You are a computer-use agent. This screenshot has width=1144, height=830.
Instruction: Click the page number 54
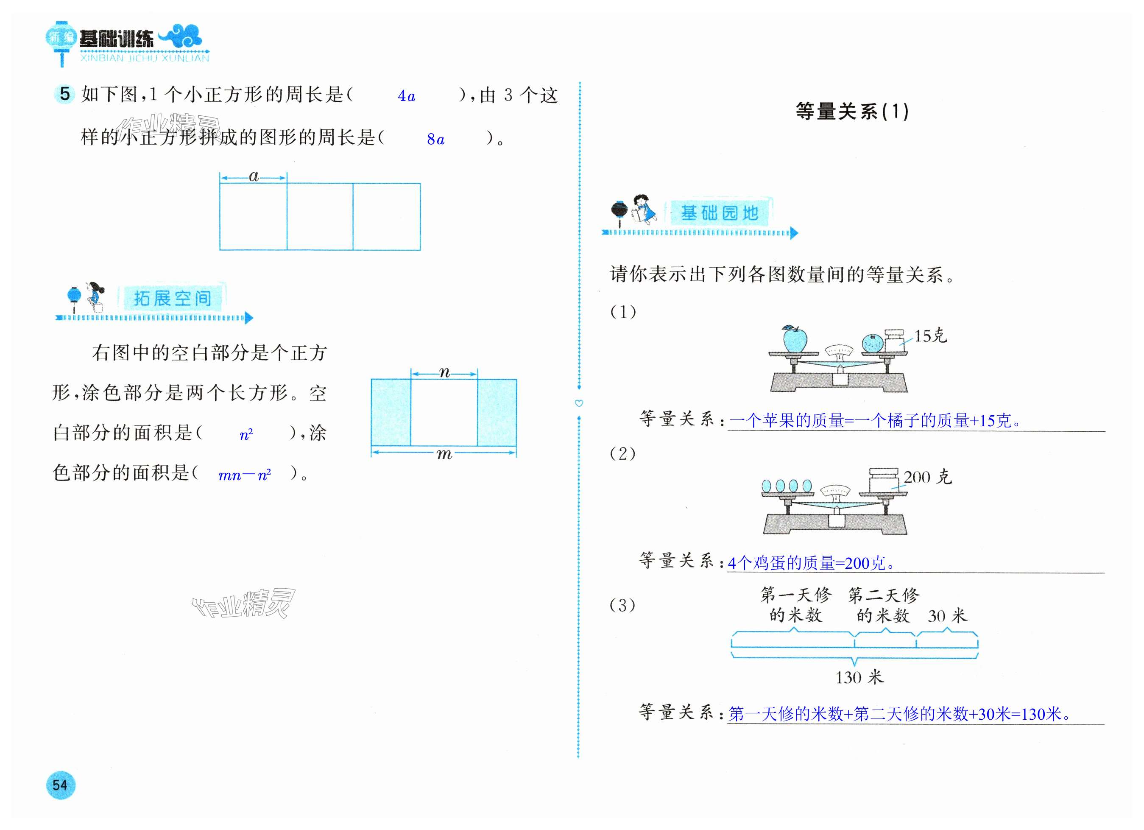click(x=60, y=785)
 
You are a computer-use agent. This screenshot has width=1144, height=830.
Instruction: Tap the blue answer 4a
click(x=406, y=96)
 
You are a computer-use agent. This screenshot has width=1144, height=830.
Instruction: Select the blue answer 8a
click(x=435, y=139)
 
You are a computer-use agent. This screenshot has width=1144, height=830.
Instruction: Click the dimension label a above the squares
click(x=254, y=176)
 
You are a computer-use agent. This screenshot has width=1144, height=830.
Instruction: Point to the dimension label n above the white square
click(x=444, y=372)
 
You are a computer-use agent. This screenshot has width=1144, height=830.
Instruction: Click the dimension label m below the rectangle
click(x=444, y=454)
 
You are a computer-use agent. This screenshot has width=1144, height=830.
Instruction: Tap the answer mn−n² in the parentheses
click(x=245, y=475)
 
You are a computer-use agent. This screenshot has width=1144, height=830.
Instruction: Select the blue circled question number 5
click(x=64, y=94)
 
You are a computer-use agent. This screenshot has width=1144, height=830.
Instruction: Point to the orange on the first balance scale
click(x=872, y=343)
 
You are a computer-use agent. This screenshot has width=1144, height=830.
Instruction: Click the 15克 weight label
click(x=931, y=335)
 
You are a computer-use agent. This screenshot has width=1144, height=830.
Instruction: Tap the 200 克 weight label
click(x=927, y=477)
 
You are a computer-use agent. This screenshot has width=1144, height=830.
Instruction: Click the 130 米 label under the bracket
click(x=859, y=676)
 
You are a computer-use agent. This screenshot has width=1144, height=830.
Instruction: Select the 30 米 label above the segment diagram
click(x=947, y=615)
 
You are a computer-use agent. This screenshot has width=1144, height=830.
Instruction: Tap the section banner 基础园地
click(x=719, y=213)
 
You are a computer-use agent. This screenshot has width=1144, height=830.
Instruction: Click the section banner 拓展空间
click(x=172, y=298)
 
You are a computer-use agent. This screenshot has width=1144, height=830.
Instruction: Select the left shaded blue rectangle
click(x=391, y=412)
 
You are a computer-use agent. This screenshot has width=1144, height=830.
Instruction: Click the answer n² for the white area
click(x=246, y=434)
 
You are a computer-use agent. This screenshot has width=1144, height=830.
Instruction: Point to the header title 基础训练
click(x=117, y=39)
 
